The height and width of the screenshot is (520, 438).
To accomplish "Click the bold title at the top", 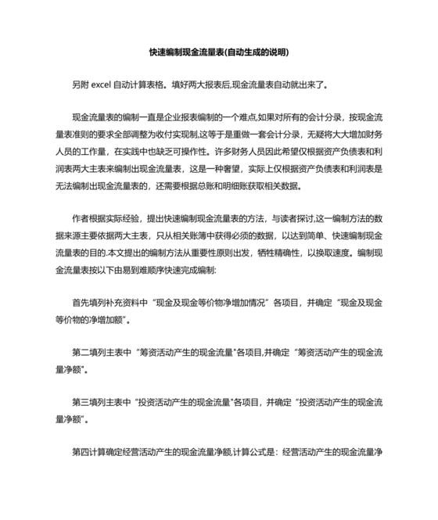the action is pyautogui.click(x=219, y=53).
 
